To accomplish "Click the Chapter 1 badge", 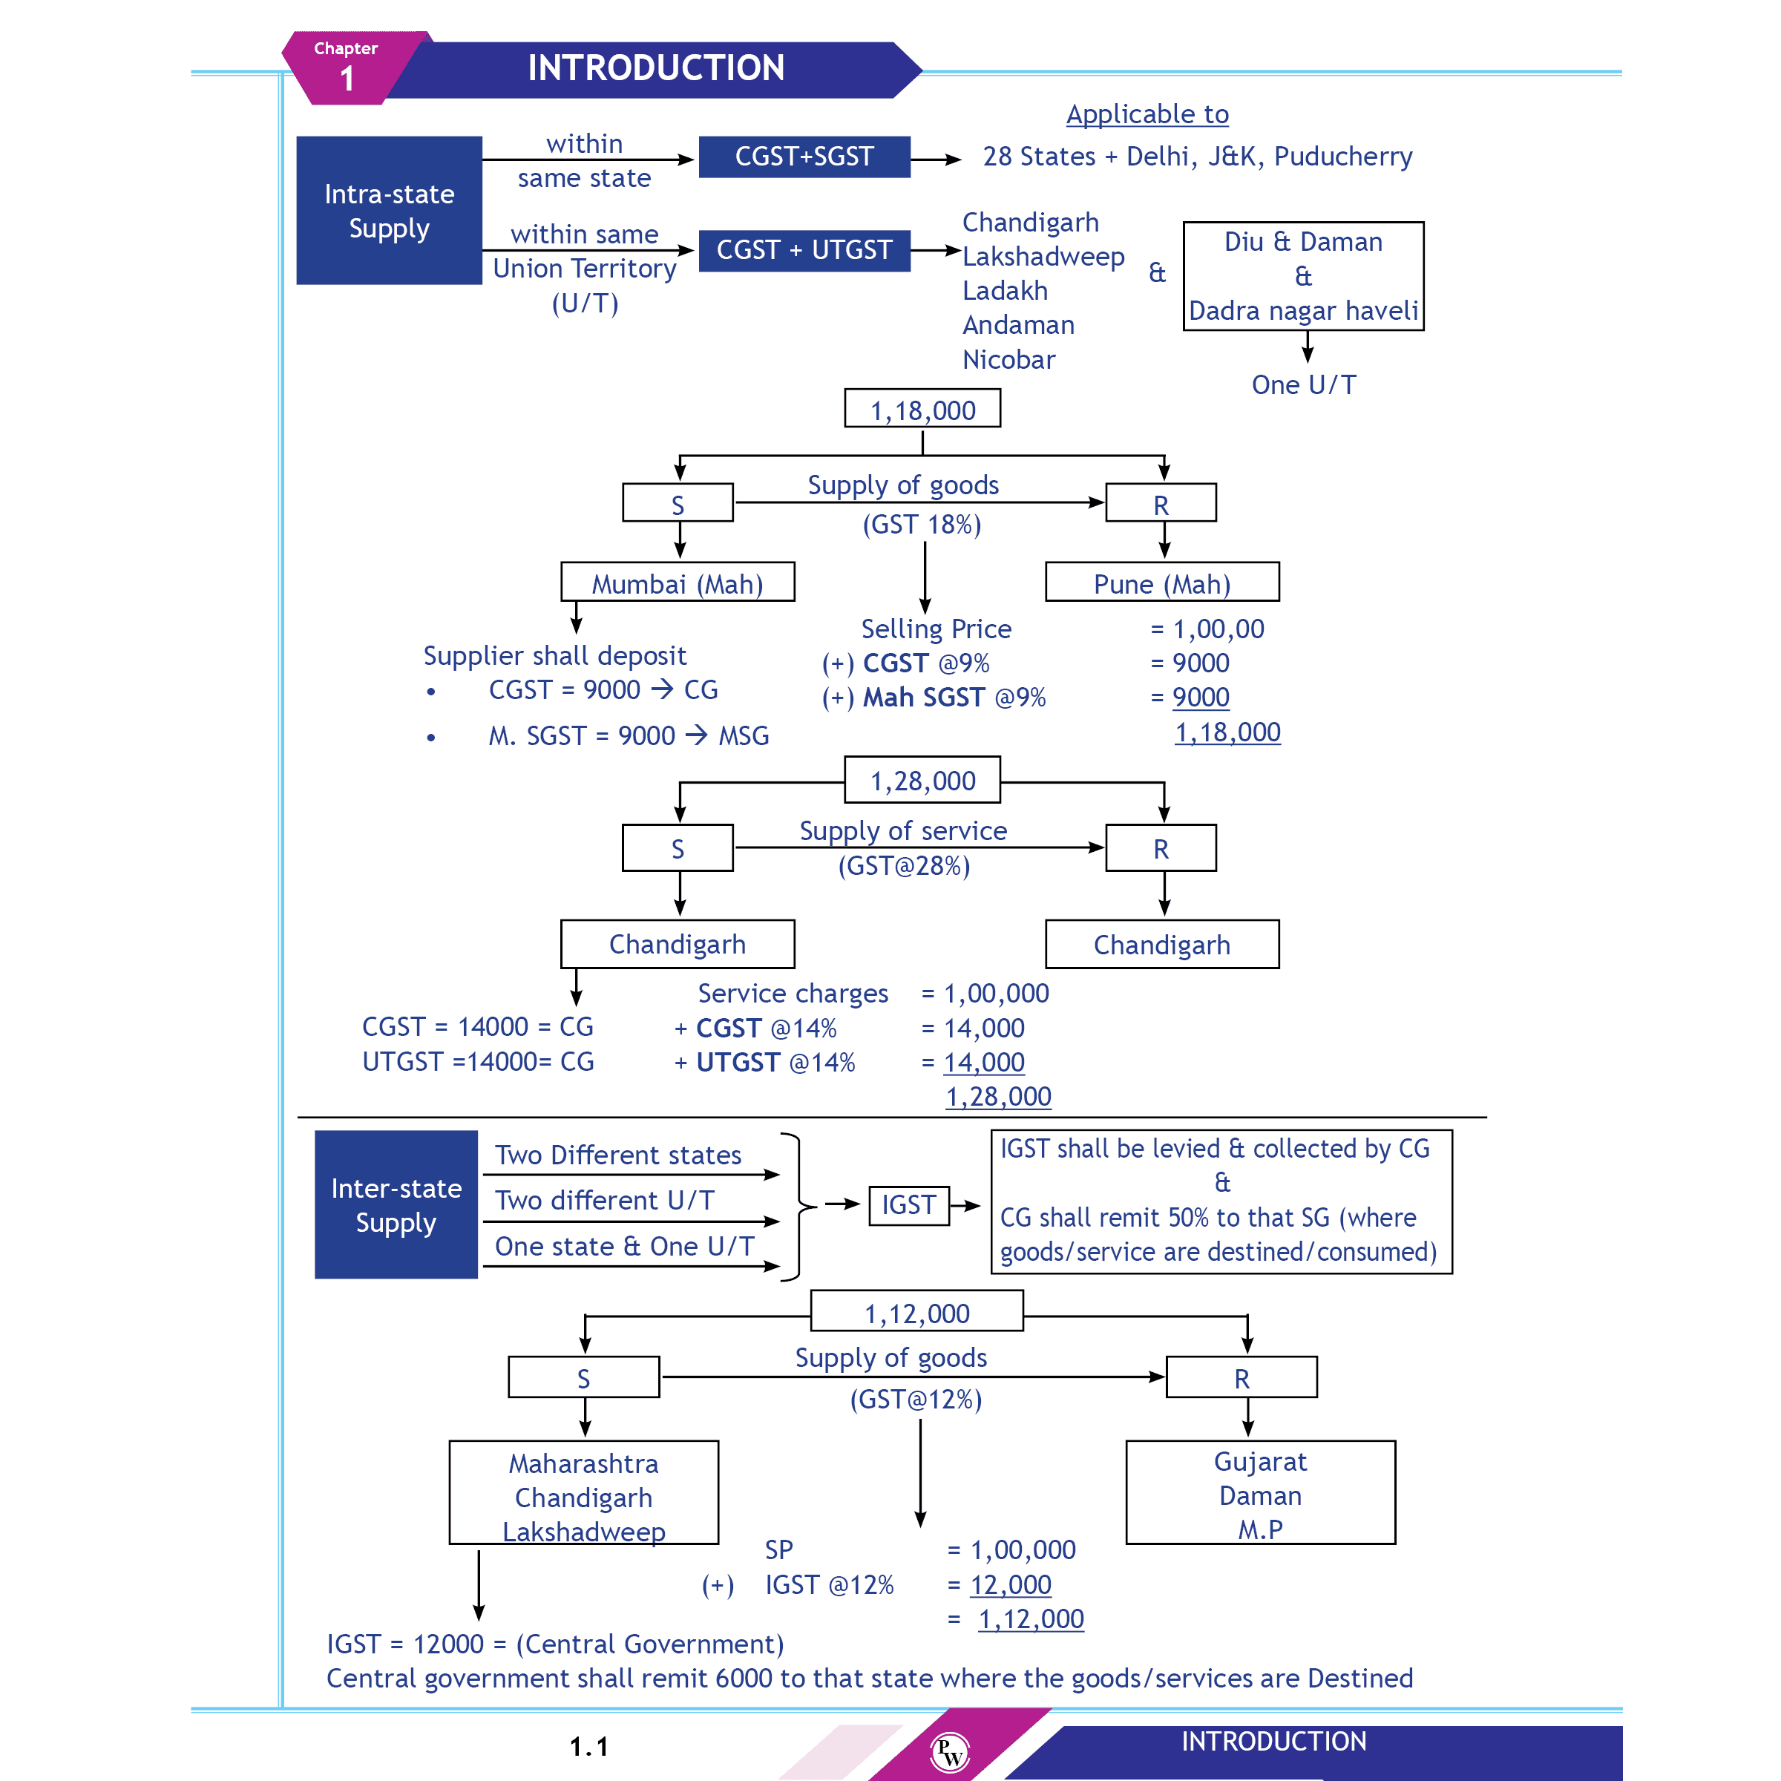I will pos(347,68).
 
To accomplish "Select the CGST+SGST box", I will pos(804,157).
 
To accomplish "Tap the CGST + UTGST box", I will pos(804,251).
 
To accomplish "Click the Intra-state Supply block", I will pos(389,211).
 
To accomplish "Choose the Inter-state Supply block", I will pos(396,1205).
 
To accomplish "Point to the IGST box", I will pos(909,1205).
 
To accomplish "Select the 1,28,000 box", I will pos(922,781).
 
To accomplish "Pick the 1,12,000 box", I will pos(917,1313).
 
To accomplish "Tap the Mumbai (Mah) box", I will pos(678,583).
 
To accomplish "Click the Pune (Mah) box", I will pos(1161,583).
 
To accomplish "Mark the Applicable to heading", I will pos(1148,114).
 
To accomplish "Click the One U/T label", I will pos(1304,385).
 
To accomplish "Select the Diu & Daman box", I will pos(1304,275).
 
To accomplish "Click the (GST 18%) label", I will pos(922,525).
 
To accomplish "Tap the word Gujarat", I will pos(1260,1462).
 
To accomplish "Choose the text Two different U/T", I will pos(605,1200).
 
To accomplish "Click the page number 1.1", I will pos(589,1747).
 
